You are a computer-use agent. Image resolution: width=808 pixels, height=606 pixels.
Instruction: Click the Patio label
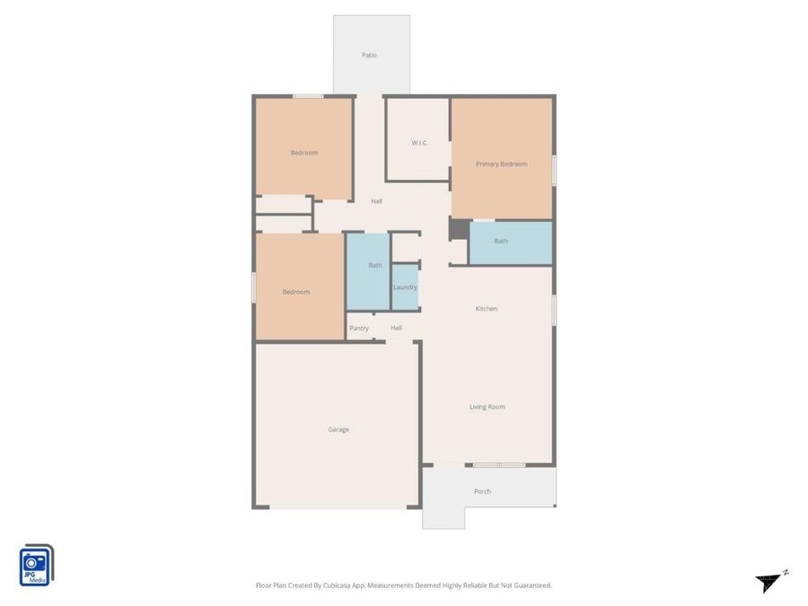(369, 55)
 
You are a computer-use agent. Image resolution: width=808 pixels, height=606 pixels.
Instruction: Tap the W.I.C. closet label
(419, 143)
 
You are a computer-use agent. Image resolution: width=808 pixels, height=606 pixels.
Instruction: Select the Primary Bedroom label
(501, 164)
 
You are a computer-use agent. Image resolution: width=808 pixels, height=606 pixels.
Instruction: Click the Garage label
(338, 429)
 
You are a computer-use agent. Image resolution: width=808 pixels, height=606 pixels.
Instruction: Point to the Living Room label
(487, 407)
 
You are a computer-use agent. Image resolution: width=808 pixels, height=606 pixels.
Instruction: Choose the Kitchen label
(487, 309)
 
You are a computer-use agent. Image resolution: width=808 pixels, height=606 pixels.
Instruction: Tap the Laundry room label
(405, 287)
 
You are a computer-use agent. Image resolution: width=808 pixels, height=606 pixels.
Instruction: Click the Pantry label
(359, 329)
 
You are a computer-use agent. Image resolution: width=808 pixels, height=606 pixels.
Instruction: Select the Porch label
(482, 492)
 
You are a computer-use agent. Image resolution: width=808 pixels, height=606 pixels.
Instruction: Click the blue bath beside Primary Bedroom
(511, 242)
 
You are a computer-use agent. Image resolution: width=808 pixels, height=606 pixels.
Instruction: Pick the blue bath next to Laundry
(368, 271)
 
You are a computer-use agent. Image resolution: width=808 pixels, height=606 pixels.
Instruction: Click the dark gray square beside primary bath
(459, 229)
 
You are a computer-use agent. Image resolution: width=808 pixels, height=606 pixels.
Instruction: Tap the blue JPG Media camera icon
(36, 566)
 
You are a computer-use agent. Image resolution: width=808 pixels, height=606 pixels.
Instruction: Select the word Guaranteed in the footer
(533, 585)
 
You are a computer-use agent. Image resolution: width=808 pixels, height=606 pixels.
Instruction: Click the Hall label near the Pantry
(396, 328)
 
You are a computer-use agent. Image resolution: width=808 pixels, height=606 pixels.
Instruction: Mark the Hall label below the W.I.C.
(377, 201)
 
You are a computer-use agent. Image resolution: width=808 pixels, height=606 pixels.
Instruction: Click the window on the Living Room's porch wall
(499, 465)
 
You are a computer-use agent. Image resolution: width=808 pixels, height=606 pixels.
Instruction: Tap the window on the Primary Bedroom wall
(555, 170)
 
